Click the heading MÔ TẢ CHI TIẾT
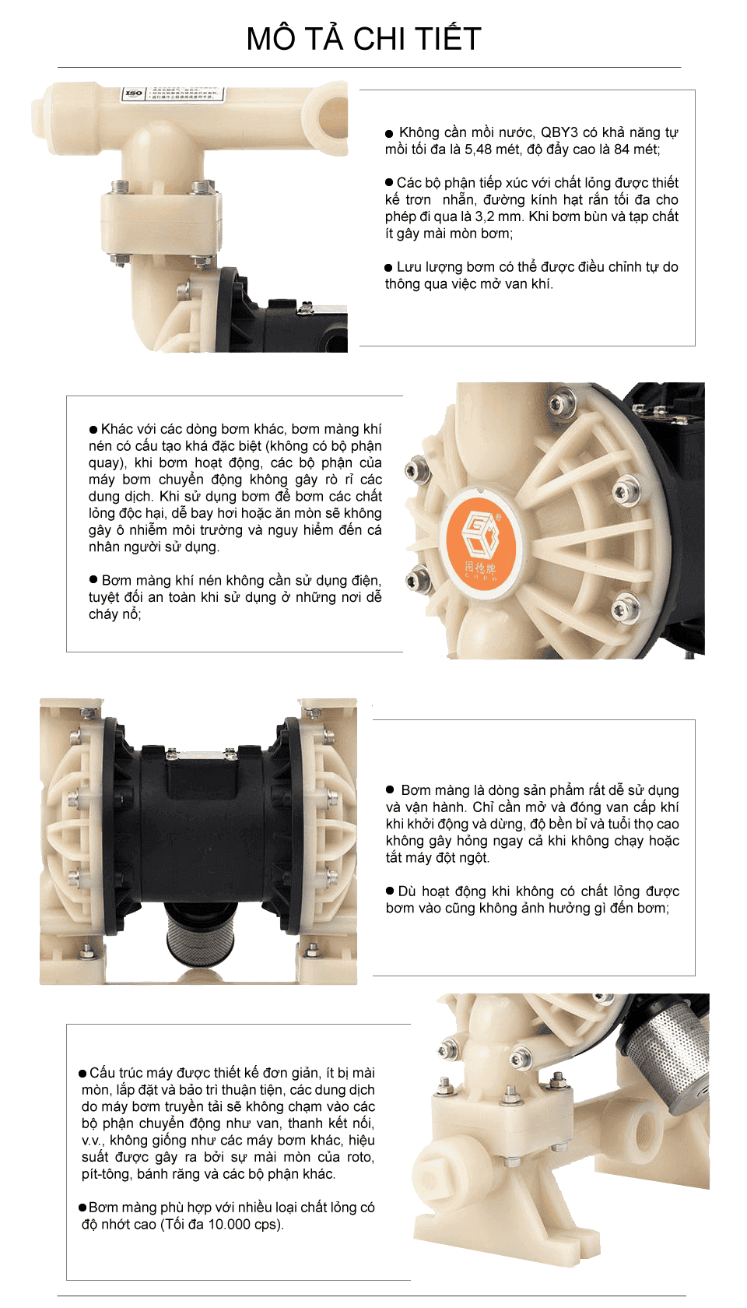pyautogui.click(x=363, y=38)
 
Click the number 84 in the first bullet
pyautogui.click(x=622, y=149)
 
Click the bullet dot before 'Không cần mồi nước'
pyautogui.click(x=389, y=134)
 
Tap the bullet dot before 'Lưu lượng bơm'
pyautogui.click(x=389, y=268)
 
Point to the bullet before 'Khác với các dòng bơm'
pyautogui.click(x=93, y=430)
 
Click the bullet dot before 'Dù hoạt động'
pyautogui.click(x=390, y=891)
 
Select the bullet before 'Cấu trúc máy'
pyautogui.click(x=82, y=1073)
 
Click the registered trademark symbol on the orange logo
pyautogui.click(x=498, y=517)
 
